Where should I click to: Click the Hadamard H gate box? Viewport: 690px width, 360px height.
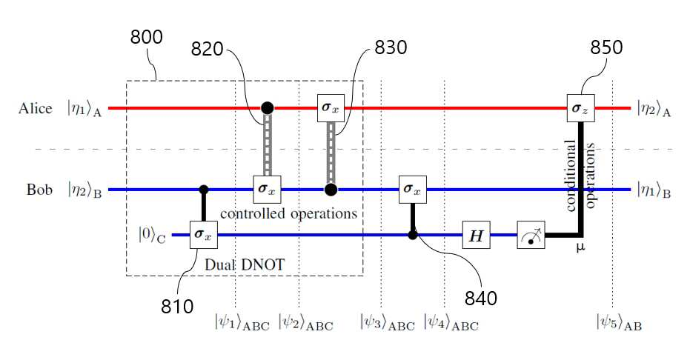pos(476,235)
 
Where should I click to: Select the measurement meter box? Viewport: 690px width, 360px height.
pos(531,235)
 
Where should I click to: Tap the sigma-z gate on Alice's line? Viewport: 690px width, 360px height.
pos(581,107)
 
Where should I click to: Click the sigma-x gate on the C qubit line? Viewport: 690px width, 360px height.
pos(204,235)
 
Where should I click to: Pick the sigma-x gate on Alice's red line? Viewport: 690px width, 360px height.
pos(331,107)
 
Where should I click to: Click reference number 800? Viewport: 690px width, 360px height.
pos(146,37)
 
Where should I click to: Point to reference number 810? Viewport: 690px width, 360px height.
pos(177,307)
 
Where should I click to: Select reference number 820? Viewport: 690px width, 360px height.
pos(208,49)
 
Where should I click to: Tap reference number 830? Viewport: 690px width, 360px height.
pos(391,47)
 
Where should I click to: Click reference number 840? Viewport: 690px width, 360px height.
pos(481,299)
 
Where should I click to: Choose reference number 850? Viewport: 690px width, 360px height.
pos(606,47)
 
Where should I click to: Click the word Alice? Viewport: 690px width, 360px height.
pos(36,108)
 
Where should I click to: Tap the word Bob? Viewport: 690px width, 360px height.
pos(39,190)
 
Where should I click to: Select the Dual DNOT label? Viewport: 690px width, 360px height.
pos(245,264)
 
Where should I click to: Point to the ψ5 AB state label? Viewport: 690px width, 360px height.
pos(619,321)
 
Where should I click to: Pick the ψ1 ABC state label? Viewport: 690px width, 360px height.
pos(242,321)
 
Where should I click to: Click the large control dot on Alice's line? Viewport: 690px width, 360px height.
pos(267,107)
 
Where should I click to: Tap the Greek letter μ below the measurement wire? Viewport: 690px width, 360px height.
pos(581,248)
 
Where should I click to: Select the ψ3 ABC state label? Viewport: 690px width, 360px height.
pos(387,321)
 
